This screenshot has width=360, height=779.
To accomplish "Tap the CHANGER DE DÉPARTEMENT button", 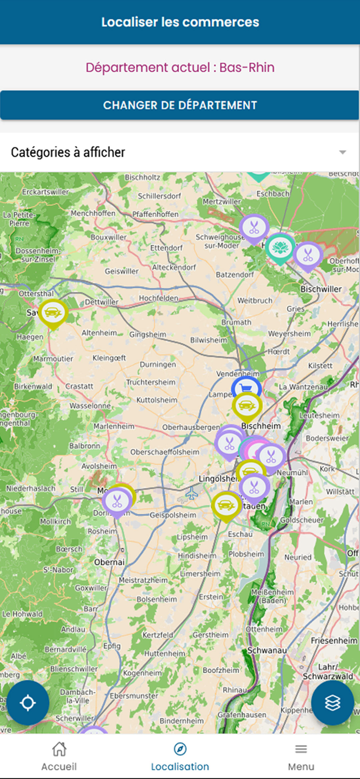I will pos(180,105).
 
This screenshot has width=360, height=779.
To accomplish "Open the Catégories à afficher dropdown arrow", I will pos(342,152).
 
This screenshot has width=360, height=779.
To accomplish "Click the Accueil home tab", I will pos(59,756).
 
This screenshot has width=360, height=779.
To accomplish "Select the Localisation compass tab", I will pos(180,756).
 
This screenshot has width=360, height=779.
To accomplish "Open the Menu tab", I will pos(301,756).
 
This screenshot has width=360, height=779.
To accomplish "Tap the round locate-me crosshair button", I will pos(28,703).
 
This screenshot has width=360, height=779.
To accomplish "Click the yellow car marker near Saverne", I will pos(53,312).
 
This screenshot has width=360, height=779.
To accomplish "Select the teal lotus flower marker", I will pos(280,247).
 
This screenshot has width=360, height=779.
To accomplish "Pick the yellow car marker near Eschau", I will pos(226,504).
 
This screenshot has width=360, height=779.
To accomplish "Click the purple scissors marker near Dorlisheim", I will pos(116,501).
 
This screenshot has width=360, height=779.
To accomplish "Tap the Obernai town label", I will pos(110,562).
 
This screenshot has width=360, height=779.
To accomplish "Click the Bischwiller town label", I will pos(321,289).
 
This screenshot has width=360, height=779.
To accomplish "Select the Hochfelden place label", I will pos(158,298).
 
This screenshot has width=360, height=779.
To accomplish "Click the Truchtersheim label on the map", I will pos(151,382).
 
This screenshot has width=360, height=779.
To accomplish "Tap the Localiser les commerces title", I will pos(180,22).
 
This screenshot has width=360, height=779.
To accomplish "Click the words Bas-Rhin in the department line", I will pos(247,68).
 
